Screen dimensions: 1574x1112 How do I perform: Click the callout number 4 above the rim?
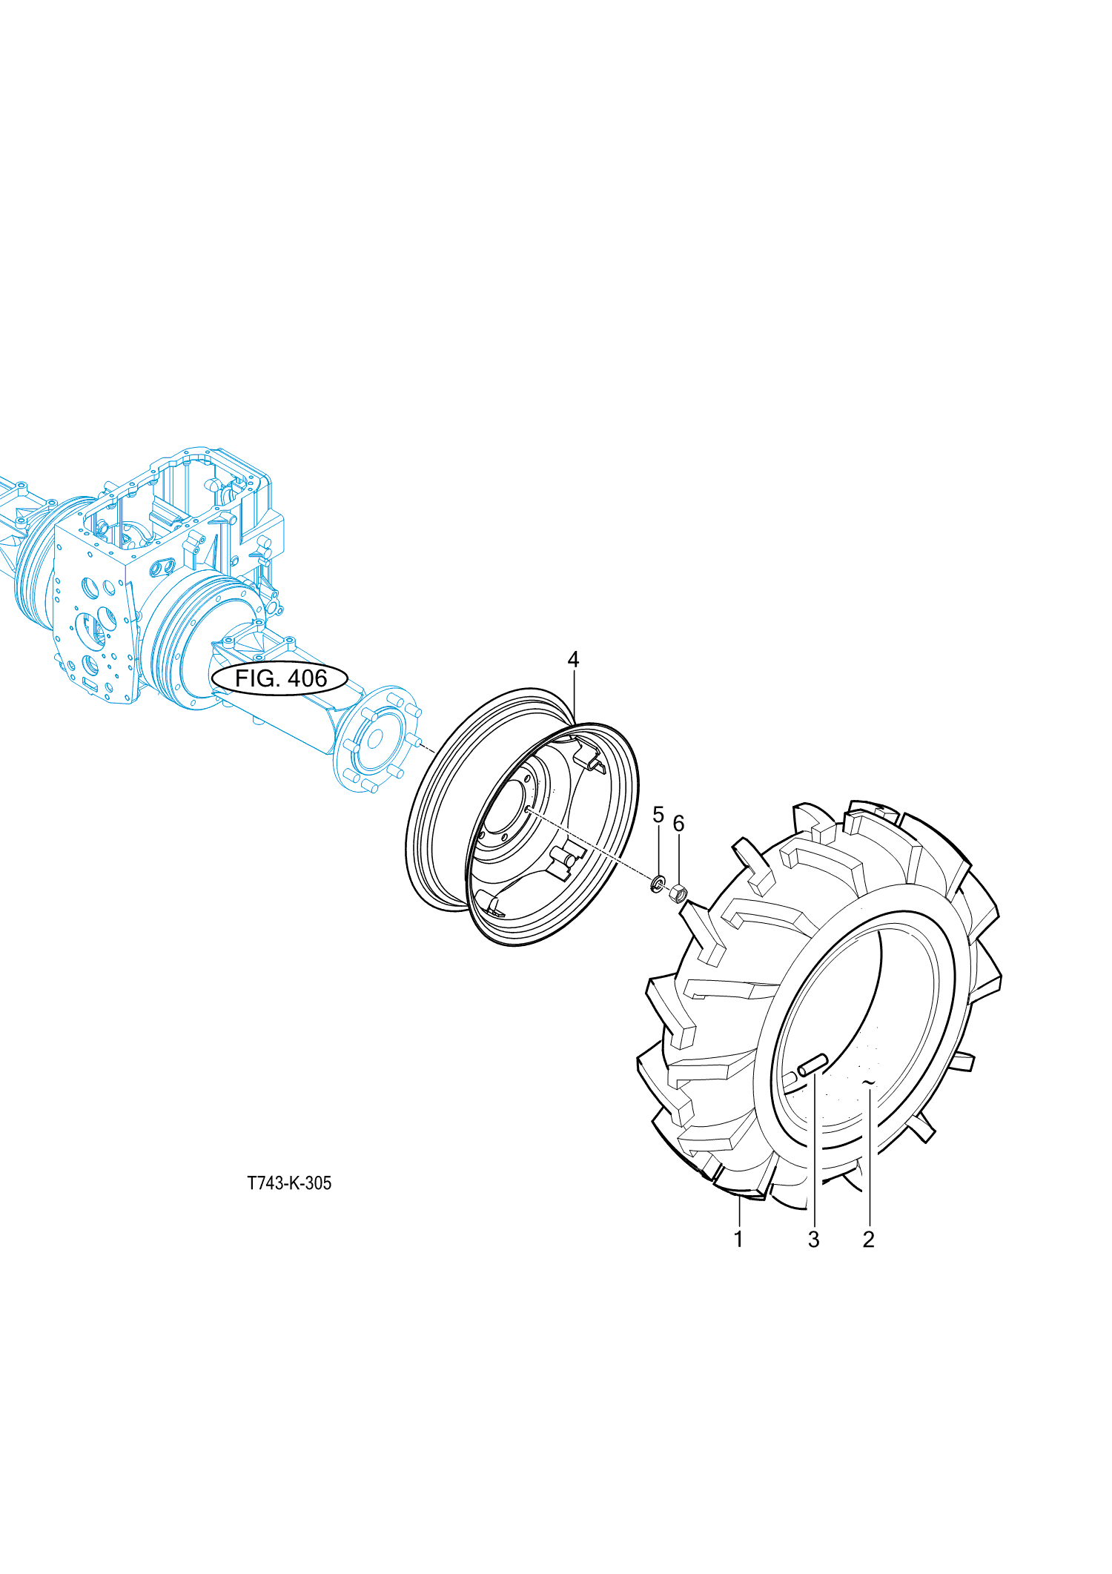tap(573, 659)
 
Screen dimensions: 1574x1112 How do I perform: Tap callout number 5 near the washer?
tap(658, 815)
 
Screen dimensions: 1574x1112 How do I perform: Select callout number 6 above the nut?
tap(678, 824)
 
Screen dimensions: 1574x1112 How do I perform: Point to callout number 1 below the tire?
tap(738, 1238)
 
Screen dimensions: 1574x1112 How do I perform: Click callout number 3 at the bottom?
tap(814, 1239)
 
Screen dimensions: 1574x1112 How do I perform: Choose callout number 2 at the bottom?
tap(869, 1239)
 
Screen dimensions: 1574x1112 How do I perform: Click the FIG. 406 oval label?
tap(280, 678)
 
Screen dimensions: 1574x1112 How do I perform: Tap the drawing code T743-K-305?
tap(289, 1183)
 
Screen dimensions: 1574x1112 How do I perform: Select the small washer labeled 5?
tap(657, 884)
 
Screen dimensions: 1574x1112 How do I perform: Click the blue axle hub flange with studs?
tap(375, 739)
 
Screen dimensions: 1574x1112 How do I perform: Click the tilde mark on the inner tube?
tap(869, 1083)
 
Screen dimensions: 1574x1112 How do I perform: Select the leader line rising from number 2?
tap(869, 1157)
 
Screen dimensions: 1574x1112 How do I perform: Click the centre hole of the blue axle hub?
tap(375, 739)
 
